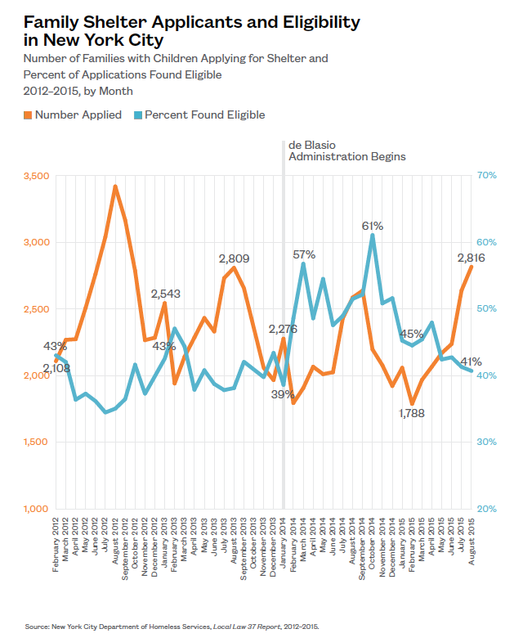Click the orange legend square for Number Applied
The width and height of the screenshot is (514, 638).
(x=28, y=115)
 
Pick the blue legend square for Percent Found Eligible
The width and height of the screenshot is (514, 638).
(x=137, y=115)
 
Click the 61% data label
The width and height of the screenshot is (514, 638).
(x=373, y=225)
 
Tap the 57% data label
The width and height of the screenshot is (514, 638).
(x=304, y=254)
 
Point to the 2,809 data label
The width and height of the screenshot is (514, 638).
(x=234, y=258)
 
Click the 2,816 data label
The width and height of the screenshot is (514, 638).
(x=472, y=258)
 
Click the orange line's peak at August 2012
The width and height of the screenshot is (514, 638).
(x=115, y=186)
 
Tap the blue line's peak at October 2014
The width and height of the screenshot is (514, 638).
(x=373, y=235)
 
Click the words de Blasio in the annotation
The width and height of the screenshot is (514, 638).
(x=311, y=143)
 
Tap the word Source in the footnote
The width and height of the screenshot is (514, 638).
(x=36, y=626)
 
